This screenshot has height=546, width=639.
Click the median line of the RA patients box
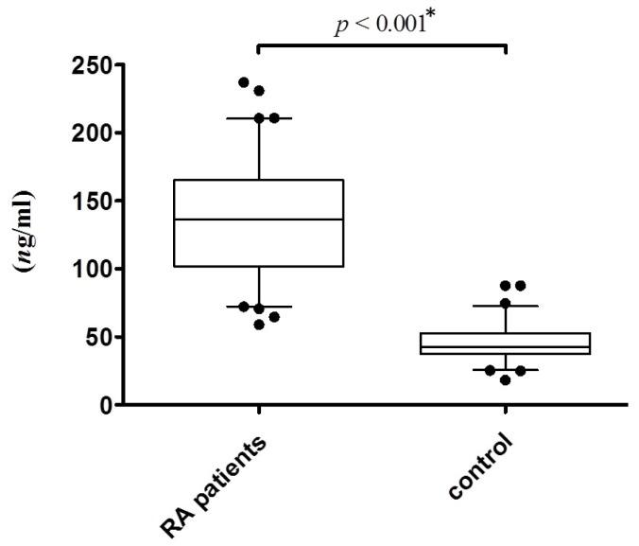coord(256,220)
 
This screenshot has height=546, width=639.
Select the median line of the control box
coord(506,346)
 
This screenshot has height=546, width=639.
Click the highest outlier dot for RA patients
coord(244,83)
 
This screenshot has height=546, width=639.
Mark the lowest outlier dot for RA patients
coord(259,325)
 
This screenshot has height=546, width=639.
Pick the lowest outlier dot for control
coord(506,379)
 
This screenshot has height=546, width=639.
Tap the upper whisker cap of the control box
coord(506,306)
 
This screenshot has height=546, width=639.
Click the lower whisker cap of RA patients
coord(256,307)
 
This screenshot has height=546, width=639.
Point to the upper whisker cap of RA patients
coord(256,118)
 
